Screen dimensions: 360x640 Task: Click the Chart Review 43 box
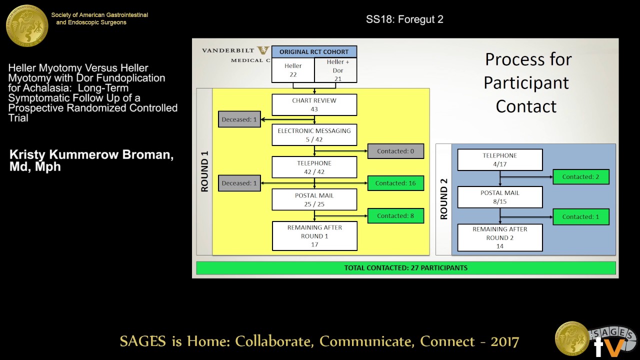click(314, 104)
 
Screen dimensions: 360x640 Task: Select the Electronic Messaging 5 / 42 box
click(314, 135)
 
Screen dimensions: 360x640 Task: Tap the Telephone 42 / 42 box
click(314, 167)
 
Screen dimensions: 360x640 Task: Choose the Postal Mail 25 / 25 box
click(314, 200)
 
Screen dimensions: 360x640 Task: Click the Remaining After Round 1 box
click(314, 235)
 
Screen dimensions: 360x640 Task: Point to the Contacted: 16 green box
click(396, 183)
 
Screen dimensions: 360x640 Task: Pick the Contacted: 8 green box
click(396, 216)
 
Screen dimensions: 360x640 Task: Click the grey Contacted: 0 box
click(395, 151)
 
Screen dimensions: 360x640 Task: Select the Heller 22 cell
click(293, 70)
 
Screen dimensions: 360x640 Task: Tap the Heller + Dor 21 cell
click(336, 70)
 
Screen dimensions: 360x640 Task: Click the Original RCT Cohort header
click(314, 52)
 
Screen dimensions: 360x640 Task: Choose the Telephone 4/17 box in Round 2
click(500, 160)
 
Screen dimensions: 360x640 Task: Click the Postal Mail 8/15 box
click(500, 197)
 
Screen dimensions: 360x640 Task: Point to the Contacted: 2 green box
click(581, 177)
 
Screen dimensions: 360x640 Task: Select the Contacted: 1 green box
click(581, 217)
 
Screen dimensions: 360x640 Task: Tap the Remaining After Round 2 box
click(500, 237)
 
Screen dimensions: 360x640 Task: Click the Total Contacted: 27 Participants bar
click(405, 268)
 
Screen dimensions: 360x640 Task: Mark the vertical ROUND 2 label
click(443, 199)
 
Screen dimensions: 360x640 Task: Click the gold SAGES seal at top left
click(27, 25)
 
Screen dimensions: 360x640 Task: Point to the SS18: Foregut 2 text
click(404, 19)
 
